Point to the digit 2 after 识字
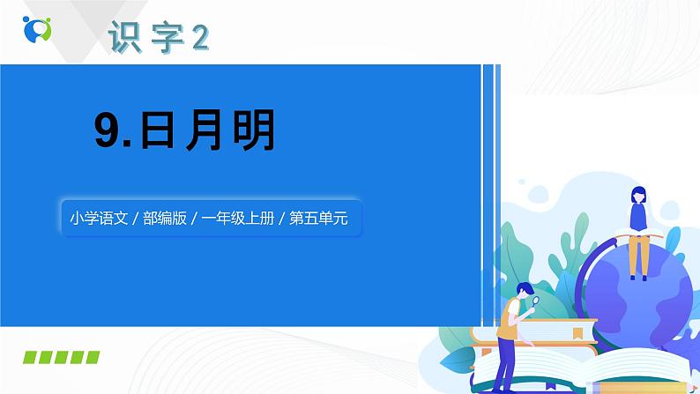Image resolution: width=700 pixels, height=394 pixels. pyautogui.click(x=200, y=37)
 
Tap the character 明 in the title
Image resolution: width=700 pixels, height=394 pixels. pyautogui.click(x=253, y=132)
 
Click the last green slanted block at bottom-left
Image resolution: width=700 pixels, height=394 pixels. pyautogui.click(x=90, y=357)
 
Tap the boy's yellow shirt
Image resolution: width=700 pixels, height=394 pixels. pyautogui.click(x=509, y=318)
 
